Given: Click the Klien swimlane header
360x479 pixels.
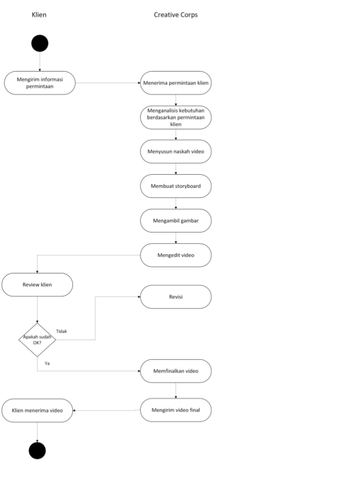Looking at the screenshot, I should coord(39,15).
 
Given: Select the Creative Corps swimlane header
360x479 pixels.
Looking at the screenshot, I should coord(175,15).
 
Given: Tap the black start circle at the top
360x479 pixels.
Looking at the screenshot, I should coord(40,43).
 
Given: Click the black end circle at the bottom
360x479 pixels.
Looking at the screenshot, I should coord(37,450).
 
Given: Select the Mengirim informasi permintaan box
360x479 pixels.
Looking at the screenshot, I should coord(39,83).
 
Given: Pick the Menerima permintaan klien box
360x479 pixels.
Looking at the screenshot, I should coord(176,83).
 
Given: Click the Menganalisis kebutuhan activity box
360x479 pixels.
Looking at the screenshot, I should coord(176,117).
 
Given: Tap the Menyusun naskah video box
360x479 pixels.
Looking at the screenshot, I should coord(176,151).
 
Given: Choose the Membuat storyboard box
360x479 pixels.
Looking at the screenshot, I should coord(176,185).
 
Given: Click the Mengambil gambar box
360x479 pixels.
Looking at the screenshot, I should coord(176,220).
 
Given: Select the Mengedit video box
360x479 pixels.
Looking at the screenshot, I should coord(176,255).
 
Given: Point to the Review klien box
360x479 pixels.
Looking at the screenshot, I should coord(38,285).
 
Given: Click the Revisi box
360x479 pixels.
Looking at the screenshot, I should coord(176,297).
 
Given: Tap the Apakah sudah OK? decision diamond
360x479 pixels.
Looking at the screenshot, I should coord(37,340).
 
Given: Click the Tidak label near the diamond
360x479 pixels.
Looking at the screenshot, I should coord(62,331).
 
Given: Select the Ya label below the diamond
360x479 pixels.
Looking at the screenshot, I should coord(47,364).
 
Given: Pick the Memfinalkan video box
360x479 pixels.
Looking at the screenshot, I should coord(176,371).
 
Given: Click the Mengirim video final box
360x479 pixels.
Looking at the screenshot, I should coord(176,410).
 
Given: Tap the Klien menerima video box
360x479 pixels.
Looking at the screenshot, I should coord(38,410).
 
